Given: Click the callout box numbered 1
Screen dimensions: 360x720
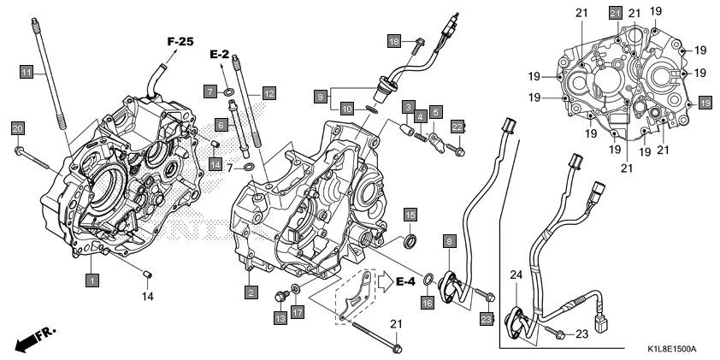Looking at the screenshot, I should click(91, 279).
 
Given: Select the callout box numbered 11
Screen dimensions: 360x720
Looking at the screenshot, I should click(27, 73).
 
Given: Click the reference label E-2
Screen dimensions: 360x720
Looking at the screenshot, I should click(220, 55).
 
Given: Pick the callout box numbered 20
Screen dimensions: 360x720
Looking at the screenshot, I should click(17, 128).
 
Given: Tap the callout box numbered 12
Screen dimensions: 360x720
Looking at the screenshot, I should click(269, 91).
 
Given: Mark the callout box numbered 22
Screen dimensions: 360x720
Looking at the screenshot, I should click(457, 127).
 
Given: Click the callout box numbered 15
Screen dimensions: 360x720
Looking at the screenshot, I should click(410, 215).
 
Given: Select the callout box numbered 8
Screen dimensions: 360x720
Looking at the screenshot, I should click(448, 243).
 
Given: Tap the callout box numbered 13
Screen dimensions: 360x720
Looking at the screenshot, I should click(279, 318).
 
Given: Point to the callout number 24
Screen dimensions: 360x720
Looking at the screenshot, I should click(515, 274).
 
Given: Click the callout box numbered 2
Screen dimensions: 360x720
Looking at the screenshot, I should click(251, 293).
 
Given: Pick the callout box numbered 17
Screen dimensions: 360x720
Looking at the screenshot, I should click(297, 313).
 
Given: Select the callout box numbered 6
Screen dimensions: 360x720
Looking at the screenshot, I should click(221, 124).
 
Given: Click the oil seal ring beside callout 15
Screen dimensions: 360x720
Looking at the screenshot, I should click(410, 239).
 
